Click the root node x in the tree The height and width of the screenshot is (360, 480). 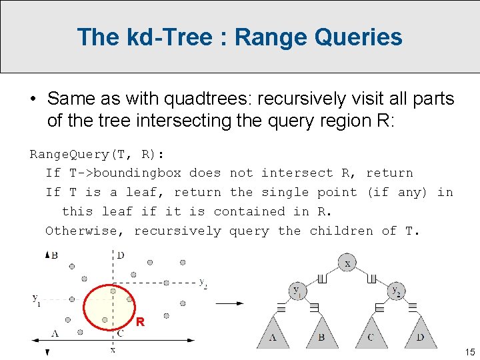[347, 263]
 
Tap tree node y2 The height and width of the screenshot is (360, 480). [397, 291]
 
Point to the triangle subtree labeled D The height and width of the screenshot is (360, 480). [421, 333]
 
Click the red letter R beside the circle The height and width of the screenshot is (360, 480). [140, 323]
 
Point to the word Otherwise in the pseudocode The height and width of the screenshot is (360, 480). [85, 231]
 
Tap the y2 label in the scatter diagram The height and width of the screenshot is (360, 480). [203, 282]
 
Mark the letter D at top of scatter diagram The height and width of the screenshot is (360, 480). [120, 255]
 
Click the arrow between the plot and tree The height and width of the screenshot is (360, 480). [230, 303]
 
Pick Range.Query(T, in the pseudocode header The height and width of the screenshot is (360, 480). [81, 154]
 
